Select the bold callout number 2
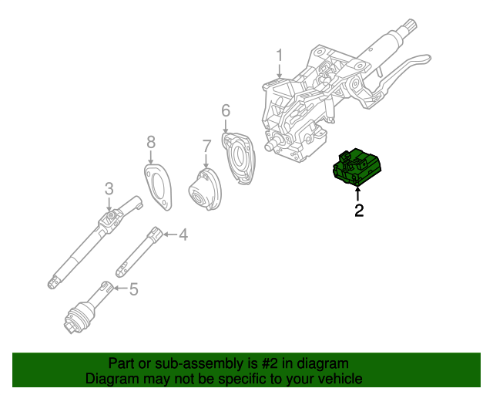coord(358,209)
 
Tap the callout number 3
coord(109,187)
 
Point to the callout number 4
coord(183,233)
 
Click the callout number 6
coord(225,110)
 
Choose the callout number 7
coord(206,145)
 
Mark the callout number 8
coord(151,141)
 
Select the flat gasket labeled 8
coord(159,187)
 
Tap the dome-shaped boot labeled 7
coord(203,190)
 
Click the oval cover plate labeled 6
coord(241,159)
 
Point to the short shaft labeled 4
coord(139,251)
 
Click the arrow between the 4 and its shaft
coord(169,233)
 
